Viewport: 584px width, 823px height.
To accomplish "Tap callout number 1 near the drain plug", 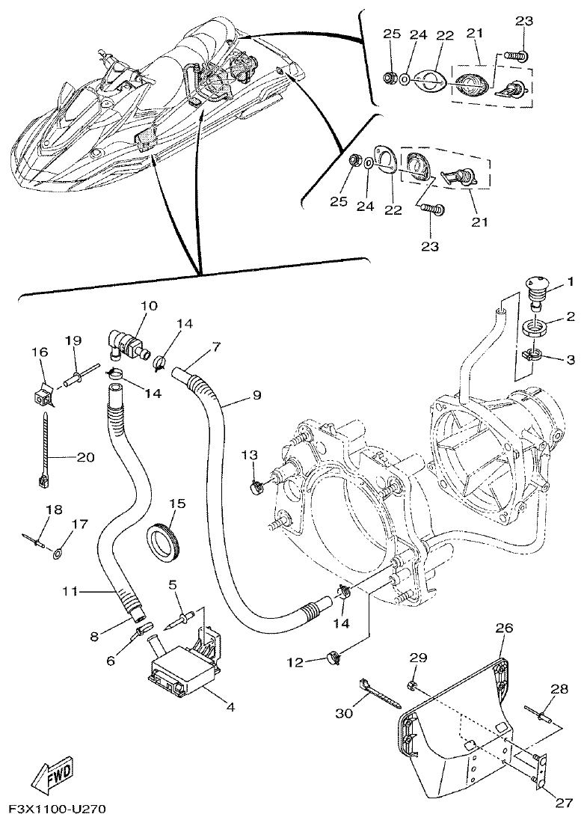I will (x=570, y=282).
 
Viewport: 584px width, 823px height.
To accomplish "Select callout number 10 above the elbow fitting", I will (x=148, y=306).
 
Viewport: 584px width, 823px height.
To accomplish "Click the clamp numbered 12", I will (x=334, y=660).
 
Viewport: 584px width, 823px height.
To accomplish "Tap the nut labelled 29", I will (x=413, y=685).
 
